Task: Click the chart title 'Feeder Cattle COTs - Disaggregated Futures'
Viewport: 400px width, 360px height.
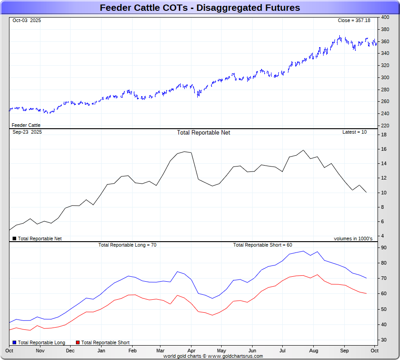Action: click(200, 8)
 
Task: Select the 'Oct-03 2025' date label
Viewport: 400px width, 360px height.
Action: click(27, 21)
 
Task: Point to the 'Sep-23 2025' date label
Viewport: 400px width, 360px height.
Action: click(27, 132)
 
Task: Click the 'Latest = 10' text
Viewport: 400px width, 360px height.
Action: click(355, 132)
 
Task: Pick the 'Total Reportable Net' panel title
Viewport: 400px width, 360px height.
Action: click(203, 133)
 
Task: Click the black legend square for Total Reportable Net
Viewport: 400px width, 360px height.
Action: click(14, 238)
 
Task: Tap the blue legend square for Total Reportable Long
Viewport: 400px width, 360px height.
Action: click(14, 342)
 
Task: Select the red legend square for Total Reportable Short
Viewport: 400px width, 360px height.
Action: click(78, 342)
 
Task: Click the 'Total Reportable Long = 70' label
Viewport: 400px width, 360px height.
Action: click(127, 245)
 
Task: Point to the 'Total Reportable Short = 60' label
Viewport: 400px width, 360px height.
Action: click(262, 245)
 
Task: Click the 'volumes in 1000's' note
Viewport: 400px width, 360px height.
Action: click(353, 238)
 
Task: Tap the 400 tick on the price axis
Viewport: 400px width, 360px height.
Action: click(385, 17)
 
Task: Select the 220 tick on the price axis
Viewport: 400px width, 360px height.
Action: click(385, 125)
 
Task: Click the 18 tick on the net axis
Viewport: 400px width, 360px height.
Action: click(384, 135)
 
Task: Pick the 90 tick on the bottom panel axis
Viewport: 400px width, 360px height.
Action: click(384, 247)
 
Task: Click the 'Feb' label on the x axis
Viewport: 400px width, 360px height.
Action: click(133, 350)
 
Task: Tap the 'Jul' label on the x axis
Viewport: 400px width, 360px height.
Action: click(283, 350)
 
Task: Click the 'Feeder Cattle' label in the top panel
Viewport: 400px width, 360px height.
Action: click(26, 125)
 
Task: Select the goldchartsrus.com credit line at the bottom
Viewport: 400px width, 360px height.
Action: click(213, 356)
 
